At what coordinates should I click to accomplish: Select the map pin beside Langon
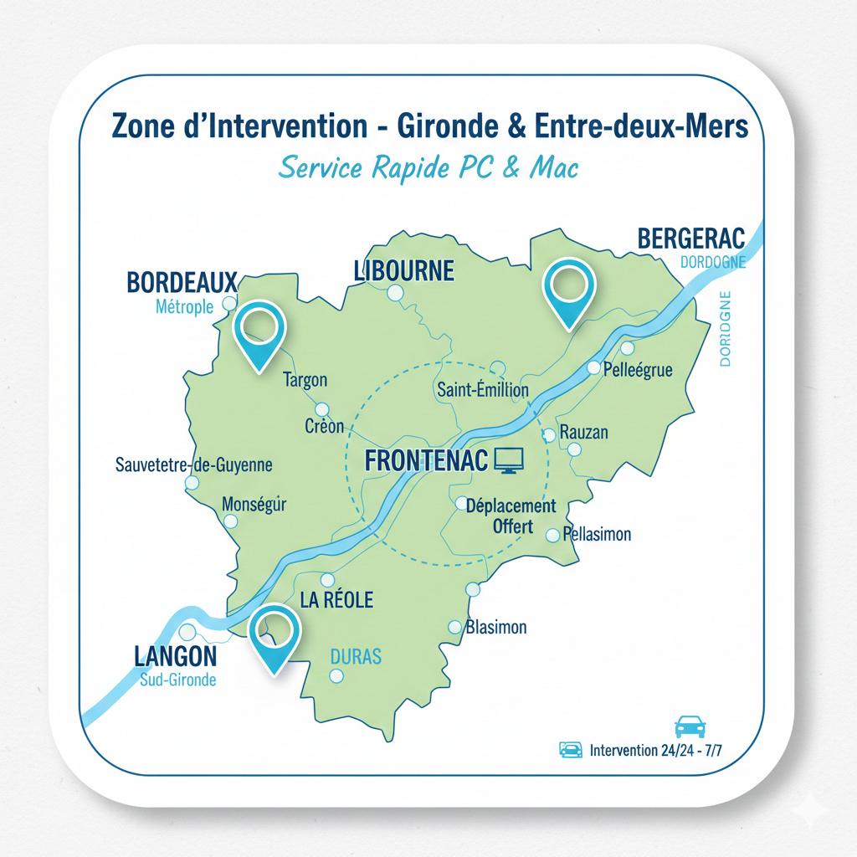point(275,634)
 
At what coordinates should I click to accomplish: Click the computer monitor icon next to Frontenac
point(509,459)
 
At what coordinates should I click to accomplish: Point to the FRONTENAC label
point(426,460)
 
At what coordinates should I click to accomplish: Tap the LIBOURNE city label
point(403,270)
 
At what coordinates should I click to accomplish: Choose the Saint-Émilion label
point(483,390)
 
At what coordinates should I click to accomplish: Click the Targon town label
point(305,380)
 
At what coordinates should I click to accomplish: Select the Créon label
point(324,426)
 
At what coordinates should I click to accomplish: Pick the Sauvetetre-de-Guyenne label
point(193,464)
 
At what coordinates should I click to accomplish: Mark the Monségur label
point(254,505)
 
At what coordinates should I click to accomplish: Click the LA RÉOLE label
point(336,599)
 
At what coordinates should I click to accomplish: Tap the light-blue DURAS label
point(356,655)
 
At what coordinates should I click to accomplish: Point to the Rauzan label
point(583,433)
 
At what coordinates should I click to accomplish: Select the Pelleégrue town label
point(637,369)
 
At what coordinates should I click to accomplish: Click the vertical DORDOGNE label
point(725,329)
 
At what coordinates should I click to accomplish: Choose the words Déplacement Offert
point(511,516)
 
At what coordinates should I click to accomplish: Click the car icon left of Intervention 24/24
point(570,750)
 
